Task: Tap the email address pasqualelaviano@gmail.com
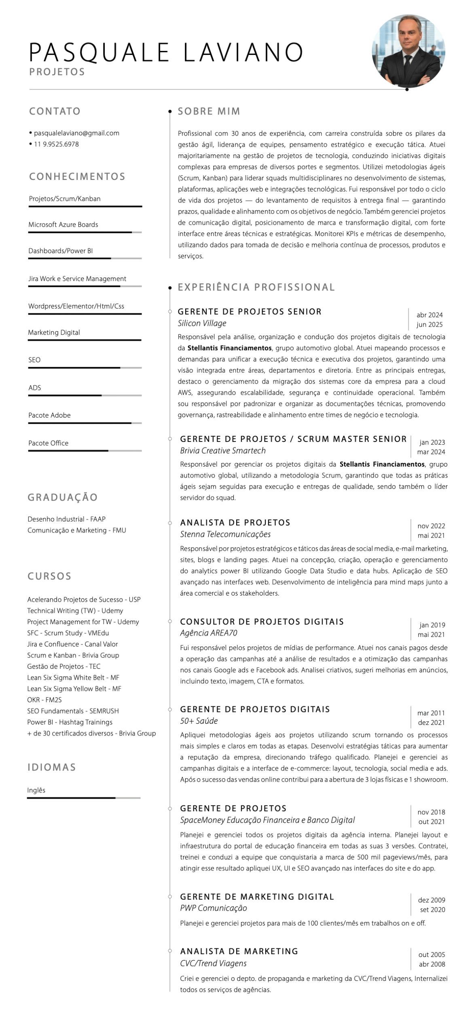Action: pyautogui.click(x=76, y=133)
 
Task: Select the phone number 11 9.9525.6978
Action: pyautogui.click(x=56, y=144)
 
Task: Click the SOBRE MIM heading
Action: pyautogui.click(x=209, y=111)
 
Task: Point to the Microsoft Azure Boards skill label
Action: pyautogui.click(x=63, y=224)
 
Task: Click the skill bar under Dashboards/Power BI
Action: pyautogui.click(x=85, y=258)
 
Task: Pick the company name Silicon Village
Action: pyautogui.click(x=202, y=323)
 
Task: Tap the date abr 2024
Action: pyautogui.click(x=430, y=315)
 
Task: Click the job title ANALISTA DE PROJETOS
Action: pyautogui.click(x=235, y=522)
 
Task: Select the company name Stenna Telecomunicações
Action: pyautogui.click(x=225, y=534)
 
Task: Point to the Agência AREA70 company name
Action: pyautogui.click(x=209, y=633)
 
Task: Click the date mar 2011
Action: pyautogui.click(x=431, y=713)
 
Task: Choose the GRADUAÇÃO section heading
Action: pyautogui.click(x=63, y=497)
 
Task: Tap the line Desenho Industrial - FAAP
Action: pyautogui.click(x=66, y=519)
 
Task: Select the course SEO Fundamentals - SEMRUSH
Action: pyautogui.click(x=73, y=711)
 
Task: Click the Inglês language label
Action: pyautogui.click(x=36, y=790)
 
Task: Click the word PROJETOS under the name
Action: pyautogui.click(x=57, y=72)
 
